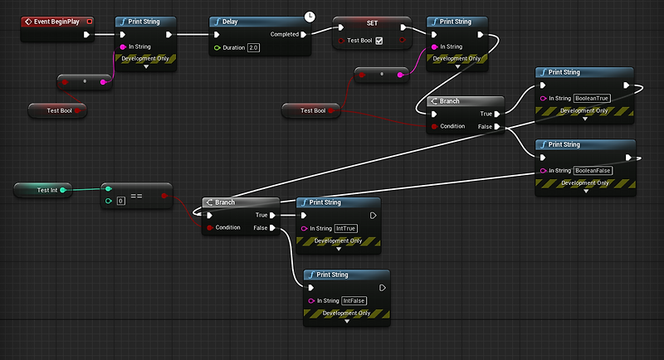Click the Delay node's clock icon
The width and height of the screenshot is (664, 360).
point(310,16)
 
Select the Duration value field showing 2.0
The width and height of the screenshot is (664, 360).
point(254,48)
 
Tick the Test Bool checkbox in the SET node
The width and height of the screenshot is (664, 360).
point(378,41)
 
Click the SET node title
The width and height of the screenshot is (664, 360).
point(372,23)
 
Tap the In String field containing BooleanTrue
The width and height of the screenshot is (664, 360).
point(592,98)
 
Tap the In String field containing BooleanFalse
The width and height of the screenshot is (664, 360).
point(592,170)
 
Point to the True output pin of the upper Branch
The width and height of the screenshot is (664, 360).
point(496,114)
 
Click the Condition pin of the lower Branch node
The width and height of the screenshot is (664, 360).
point(209,227)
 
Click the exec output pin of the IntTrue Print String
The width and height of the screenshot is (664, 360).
point(373,215)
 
